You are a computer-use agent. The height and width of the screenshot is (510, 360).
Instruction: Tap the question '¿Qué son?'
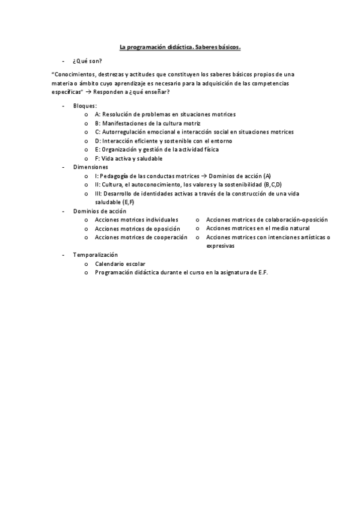click(87, 61)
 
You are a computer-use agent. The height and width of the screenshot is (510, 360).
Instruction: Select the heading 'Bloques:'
click(85, 106)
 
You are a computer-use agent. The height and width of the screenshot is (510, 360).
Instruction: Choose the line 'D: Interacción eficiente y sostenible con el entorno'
click(163, 141)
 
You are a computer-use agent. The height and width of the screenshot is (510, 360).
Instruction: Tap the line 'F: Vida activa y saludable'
click(129, 158)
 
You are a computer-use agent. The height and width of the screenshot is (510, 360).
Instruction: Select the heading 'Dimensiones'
click(91, 167)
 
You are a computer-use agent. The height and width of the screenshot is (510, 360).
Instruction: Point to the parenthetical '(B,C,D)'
click(272, 185)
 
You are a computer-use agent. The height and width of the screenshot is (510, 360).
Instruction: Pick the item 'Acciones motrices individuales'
click(137, 220)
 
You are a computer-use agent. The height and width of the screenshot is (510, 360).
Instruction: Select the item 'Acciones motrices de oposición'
click(138, 229)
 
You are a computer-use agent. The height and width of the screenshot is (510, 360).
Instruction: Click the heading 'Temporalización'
click(96, 255)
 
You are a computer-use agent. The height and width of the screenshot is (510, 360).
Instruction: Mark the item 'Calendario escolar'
click(120, 264)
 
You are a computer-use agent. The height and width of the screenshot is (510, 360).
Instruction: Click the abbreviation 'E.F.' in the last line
click(261, 272)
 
